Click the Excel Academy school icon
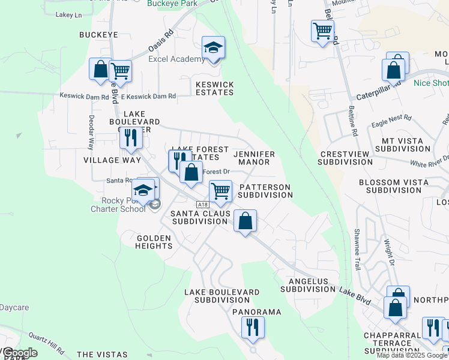click(213, 47)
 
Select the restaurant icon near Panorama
click(253, 326)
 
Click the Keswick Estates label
click(214, 88)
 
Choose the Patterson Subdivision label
click(265, 191)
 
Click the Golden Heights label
click(154, 242)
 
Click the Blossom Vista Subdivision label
click(393, 186)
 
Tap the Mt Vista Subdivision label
click(402, 145)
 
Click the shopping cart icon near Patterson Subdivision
click(220, 191)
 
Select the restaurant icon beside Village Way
click(130, 137)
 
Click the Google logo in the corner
click(20, 353)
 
